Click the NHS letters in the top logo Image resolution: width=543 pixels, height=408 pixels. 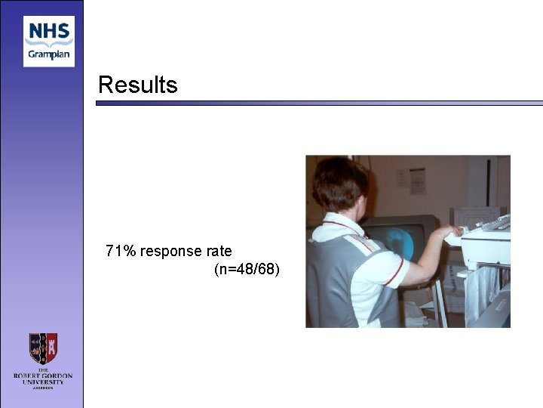(x=48, y=32)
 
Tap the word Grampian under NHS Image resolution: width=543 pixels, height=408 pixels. (x=49, y=54)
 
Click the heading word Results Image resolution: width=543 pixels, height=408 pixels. (x=138, y=85)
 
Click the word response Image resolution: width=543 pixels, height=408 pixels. (x=172, y=252)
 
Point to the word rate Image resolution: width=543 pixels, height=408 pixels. (x=219, y=251)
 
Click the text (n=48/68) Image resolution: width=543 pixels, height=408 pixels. (x=247, y=269)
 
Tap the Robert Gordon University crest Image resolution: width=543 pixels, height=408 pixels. (x=43, y=349)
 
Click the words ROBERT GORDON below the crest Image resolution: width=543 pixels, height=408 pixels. (x=43, y=376)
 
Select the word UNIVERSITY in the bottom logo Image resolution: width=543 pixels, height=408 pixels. (x=43, y=382)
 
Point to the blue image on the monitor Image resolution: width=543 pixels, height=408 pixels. (x=396, y=239)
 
